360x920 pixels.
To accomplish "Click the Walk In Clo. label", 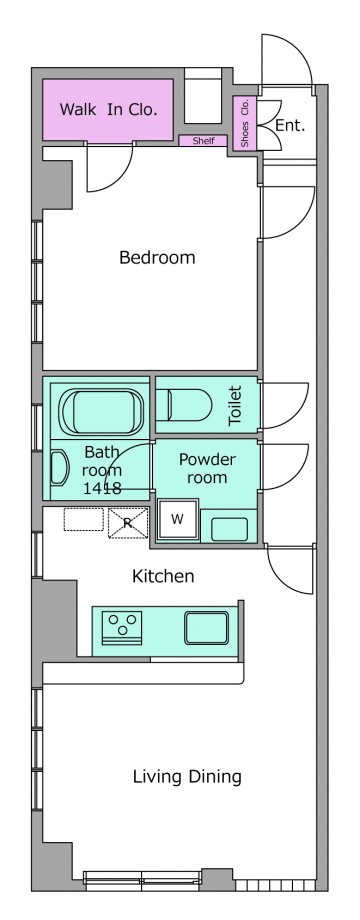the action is point(108,110).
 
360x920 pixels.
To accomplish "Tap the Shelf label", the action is point(203,141).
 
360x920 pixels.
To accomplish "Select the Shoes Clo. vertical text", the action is point(245,123).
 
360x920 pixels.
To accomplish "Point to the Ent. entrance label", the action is point(290,125).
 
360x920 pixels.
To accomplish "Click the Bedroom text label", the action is point(157,257).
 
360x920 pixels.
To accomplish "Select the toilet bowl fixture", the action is point(183,405).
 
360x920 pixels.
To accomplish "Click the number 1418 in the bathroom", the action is point(102,486).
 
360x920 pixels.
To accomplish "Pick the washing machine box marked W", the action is point(177,519).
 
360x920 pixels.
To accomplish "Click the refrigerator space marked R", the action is point(128,523).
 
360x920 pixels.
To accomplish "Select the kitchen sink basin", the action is point(206,628).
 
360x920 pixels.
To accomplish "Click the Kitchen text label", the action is point(163,576).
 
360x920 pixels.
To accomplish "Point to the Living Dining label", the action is point(187,777).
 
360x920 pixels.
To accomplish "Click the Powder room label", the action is point(206,468).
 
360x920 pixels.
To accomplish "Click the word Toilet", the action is point(235,405).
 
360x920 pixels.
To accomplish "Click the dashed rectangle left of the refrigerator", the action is point(83,519).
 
